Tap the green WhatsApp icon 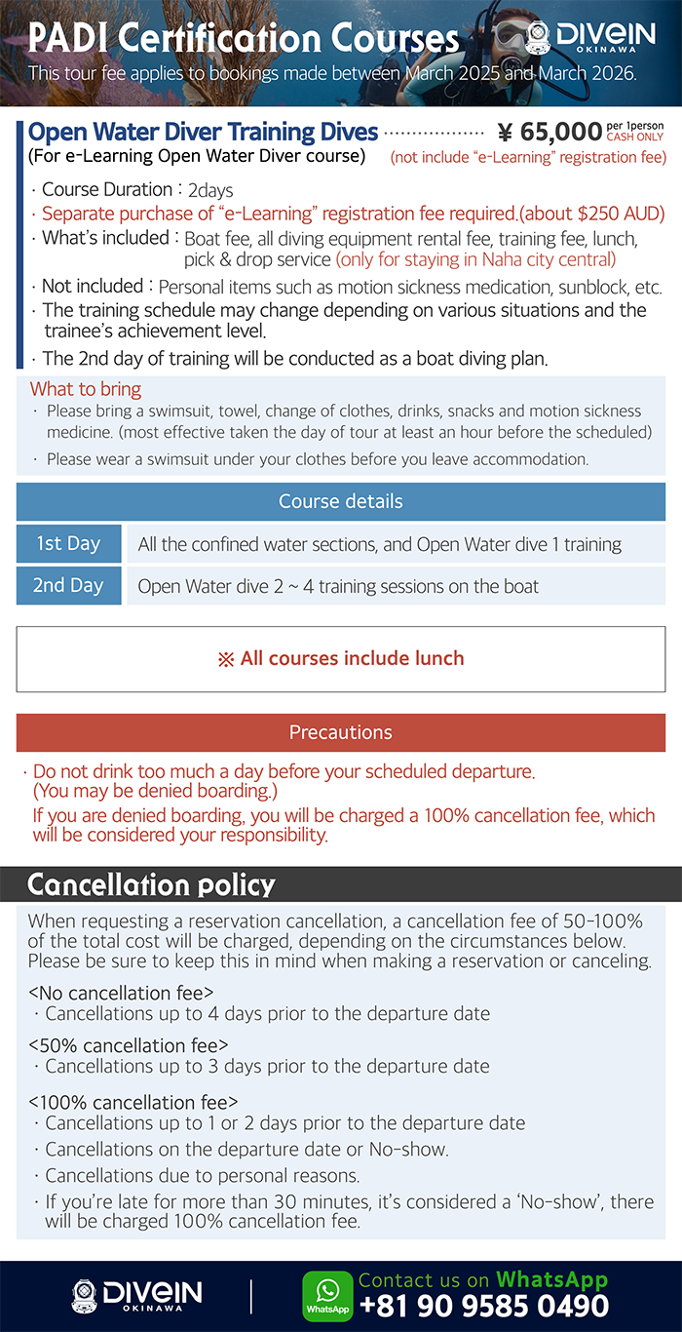pos(327,1296)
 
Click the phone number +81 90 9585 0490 pos(484,1306)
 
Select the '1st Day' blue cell pos(68,544)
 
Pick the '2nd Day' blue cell pos(68,586)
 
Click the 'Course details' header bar pos(341,502)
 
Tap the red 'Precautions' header pos(341,732)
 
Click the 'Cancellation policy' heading pos(151,884)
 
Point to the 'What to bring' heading pos(86,389)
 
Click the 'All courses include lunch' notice pos(341,658)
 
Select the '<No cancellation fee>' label pos(121,994)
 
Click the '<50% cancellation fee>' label pos(129,1046)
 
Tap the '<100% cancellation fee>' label pos(133,1103)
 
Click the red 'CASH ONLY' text pos(634,137)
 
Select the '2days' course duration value pos(210,191)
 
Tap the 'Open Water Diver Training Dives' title pos(203,133)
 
